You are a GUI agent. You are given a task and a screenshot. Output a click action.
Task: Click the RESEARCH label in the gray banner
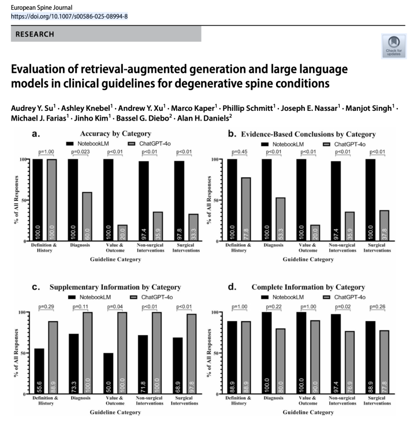(35, 35)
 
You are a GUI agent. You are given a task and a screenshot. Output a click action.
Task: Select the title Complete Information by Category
(308, 287)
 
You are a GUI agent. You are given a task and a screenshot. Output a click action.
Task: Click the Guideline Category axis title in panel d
(308, 412)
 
